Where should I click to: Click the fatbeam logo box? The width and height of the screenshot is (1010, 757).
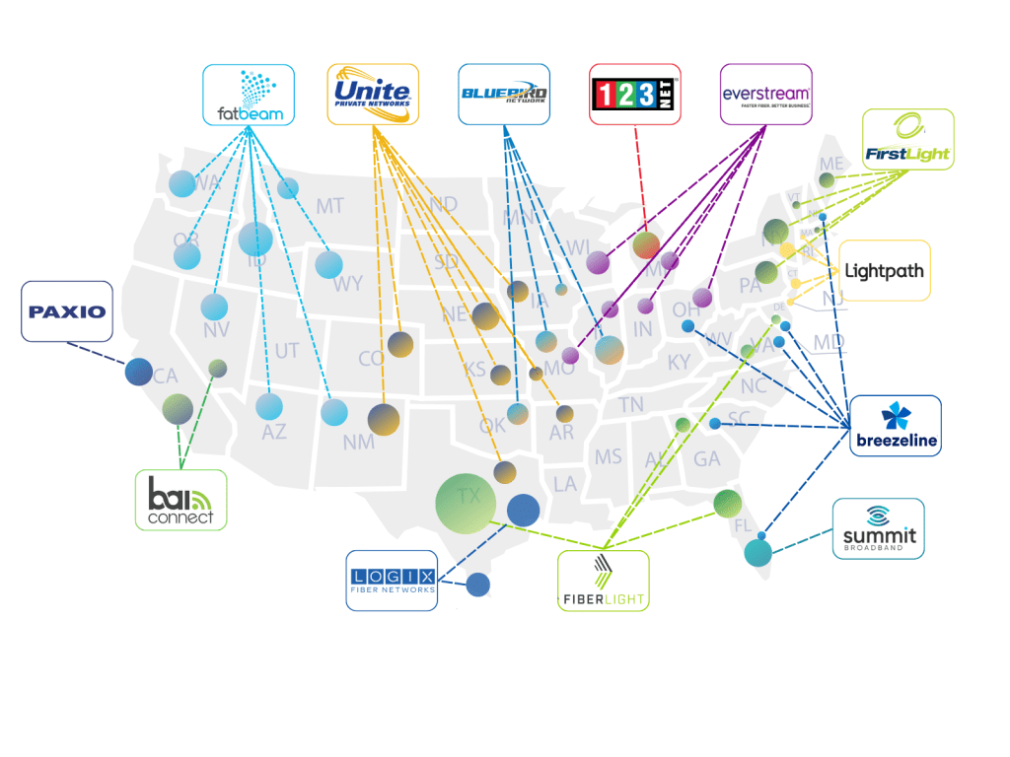pos(249,95)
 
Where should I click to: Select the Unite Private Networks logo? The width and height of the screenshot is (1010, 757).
pos(373,95)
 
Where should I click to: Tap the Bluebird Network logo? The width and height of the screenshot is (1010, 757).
pos(504,95)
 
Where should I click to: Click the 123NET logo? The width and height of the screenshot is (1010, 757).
pos(635,95)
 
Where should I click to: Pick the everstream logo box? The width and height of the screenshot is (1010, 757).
pos(766,95)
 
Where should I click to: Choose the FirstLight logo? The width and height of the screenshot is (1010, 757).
pos(907,139)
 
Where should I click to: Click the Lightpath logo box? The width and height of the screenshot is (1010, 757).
pos(884,270)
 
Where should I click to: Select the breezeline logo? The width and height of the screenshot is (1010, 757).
pos(896,426)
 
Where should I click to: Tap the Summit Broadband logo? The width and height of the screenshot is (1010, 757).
pos(878,528)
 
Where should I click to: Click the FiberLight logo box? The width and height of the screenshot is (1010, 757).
pos(603,581)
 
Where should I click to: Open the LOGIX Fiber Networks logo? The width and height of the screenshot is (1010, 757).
pos(392,581)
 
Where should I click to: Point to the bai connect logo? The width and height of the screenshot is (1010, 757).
pos(180,500)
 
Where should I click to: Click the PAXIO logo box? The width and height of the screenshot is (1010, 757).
pos(67,311)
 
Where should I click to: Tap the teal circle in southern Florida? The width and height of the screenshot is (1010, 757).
pos(759,553)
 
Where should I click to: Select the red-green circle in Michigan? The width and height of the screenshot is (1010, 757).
pos(646,244)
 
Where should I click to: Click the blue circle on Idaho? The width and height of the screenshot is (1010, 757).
pos(255,239)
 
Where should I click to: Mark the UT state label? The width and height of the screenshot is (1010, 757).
pos(287,351)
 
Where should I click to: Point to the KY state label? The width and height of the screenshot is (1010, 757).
pos(679,363)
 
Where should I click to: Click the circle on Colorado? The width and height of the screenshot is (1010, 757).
pos(399,344)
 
